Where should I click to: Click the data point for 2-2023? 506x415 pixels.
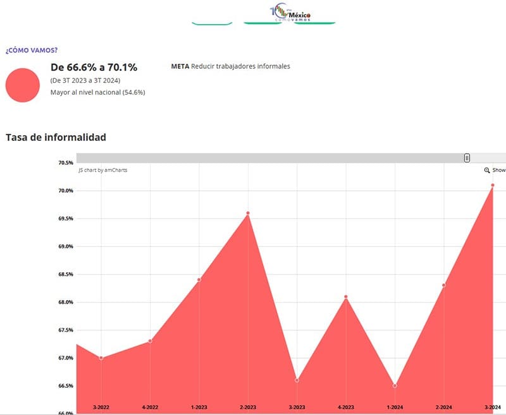(x=248, y=213)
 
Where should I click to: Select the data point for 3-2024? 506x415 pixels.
(x=492, y=185)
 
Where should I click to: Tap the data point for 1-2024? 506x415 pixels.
(x=395, y=385)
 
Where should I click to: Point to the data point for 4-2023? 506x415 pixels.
(x=346, y=297)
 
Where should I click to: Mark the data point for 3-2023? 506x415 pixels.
(x=297, y=380)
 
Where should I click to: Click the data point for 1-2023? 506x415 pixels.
(x=199, y=280)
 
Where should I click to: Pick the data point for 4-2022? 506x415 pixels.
(x=150, y=341)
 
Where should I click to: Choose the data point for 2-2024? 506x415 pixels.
(x=444, y=285)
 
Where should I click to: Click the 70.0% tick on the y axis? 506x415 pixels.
(x=66, y=191)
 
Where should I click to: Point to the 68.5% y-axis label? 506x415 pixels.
(x=66, y=274)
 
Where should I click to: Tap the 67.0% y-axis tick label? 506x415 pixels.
(x=66, y=358)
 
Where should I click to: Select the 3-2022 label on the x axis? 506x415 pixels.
(x=101, y=407)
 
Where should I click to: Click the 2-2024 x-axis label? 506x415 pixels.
(x=444, y=407)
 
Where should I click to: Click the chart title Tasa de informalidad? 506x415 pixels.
(x=56, y=137)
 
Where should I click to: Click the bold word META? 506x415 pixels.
(x=180, y=66)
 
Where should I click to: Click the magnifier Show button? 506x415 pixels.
(x=495, y=171)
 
